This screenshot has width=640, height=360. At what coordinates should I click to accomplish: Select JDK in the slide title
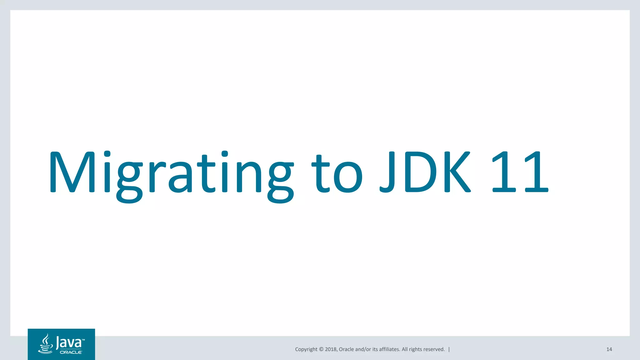click(425, 172)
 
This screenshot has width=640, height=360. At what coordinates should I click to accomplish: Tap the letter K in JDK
click(457, 172)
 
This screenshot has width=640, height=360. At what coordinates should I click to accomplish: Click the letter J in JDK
click(387, 172)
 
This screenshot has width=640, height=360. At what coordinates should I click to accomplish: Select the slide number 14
click(609, 349)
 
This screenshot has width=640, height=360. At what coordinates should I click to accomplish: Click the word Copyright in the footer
click(306, 349)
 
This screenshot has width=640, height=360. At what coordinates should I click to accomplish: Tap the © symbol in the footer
click(321, 349)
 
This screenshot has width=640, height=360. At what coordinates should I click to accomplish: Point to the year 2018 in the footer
click(331, 349)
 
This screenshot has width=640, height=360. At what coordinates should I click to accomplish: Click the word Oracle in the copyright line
click(346, 349)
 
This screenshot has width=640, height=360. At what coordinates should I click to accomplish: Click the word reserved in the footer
click(434, 349)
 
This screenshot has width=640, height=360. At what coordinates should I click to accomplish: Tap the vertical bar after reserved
click(449, 349)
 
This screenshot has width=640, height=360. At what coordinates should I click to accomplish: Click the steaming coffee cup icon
click(46, 344)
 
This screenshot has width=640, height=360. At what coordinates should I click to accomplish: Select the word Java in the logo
click(68, 343)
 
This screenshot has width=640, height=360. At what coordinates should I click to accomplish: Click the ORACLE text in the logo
click(71, 352)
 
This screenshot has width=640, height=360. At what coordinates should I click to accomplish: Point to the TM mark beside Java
click(83, 339)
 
